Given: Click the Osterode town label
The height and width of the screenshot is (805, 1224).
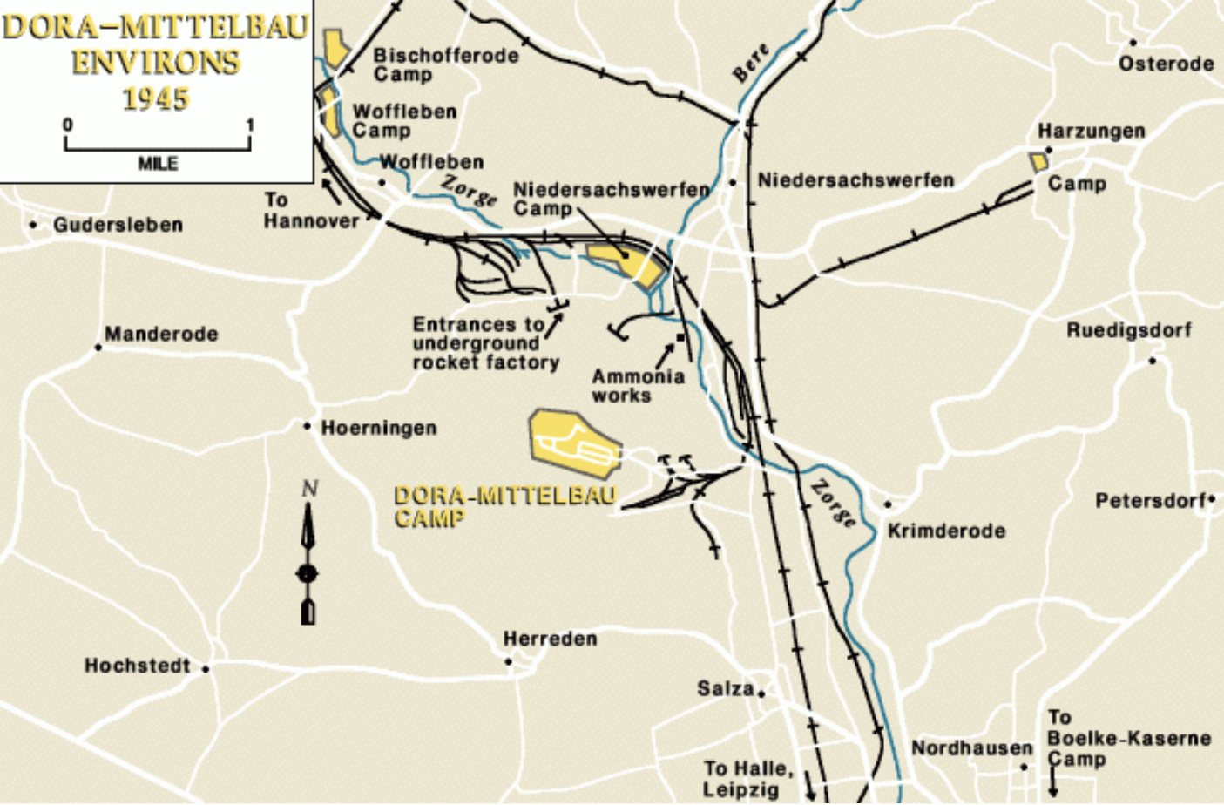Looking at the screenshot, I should tap(1166, 64).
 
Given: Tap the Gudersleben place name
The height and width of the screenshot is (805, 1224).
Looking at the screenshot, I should tap(118, 225).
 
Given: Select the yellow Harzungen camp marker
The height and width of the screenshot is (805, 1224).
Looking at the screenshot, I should tap(1038, 161).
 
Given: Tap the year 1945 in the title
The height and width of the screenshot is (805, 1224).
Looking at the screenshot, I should tap(156, 98).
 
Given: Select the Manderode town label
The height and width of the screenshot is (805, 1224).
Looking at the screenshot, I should tap(161, 334).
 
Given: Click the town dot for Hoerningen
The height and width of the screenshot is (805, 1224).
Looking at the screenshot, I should tap(308, 426).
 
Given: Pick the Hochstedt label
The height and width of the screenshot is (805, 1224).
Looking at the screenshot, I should tap(137, 666).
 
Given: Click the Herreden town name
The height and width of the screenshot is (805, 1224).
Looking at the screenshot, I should tap(550, 639).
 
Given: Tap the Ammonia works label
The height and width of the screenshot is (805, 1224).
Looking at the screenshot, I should tap(638, 385).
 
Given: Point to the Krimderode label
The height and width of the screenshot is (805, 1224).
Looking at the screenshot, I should tap(946, 531).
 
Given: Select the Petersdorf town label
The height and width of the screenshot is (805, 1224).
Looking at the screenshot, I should tap(1150, 501).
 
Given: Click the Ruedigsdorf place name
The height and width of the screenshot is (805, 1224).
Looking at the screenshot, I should tap(1128, 330).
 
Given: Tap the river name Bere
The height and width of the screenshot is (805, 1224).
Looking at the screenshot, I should tap(751, 63).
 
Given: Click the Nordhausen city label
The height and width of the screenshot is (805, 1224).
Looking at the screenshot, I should tap(971, 747).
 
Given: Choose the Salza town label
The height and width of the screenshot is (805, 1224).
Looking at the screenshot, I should tap(725, 688).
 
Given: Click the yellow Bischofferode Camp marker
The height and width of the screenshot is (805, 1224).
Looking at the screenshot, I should tap(335, 47).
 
